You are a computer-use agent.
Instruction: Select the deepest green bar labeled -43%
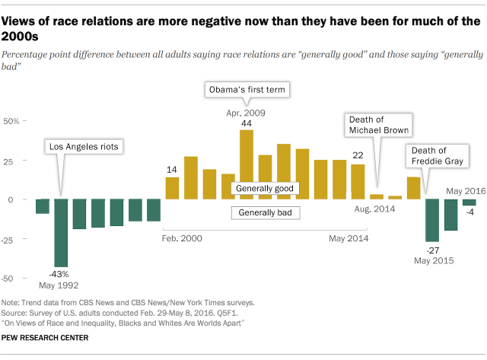(x=61, y=234)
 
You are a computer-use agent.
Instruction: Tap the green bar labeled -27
(x=432, y=220)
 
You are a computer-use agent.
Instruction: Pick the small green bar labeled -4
(x=469, y=202)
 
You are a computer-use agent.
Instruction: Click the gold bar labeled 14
(x=173, y=188)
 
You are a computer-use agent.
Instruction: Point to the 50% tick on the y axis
(x=14, y=121)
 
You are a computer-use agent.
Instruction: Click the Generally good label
(x=265, y=188)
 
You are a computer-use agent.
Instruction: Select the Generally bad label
(x=265, y=212)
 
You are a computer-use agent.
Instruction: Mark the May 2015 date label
(x=433, y=261)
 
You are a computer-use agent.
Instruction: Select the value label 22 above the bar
(x=357, y=155)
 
